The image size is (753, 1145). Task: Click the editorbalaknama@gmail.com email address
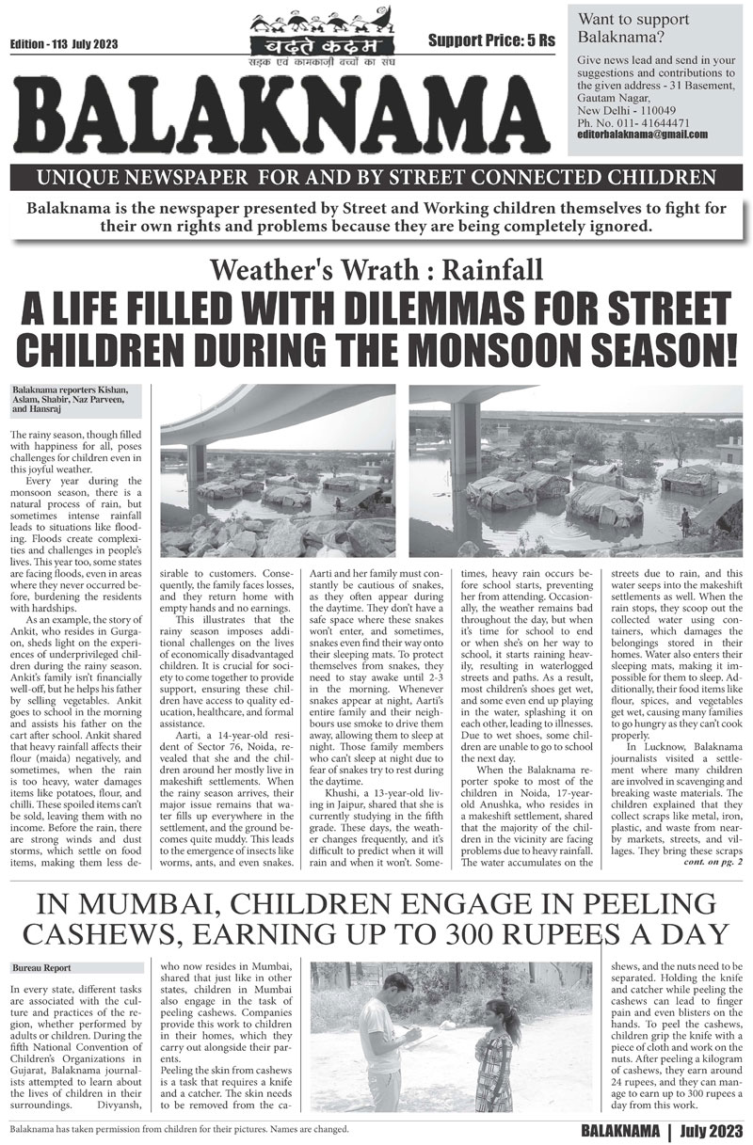(x=643, y=135)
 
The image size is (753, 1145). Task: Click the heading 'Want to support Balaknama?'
(x=622, y=28)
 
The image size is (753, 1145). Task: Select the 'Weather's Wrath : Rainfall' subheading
(x=376, y=271)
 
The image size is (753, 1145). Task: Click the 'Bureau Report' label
(x=40, y=968)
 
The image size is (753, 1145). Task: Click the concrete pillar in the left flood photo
(x=197, y=465)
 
